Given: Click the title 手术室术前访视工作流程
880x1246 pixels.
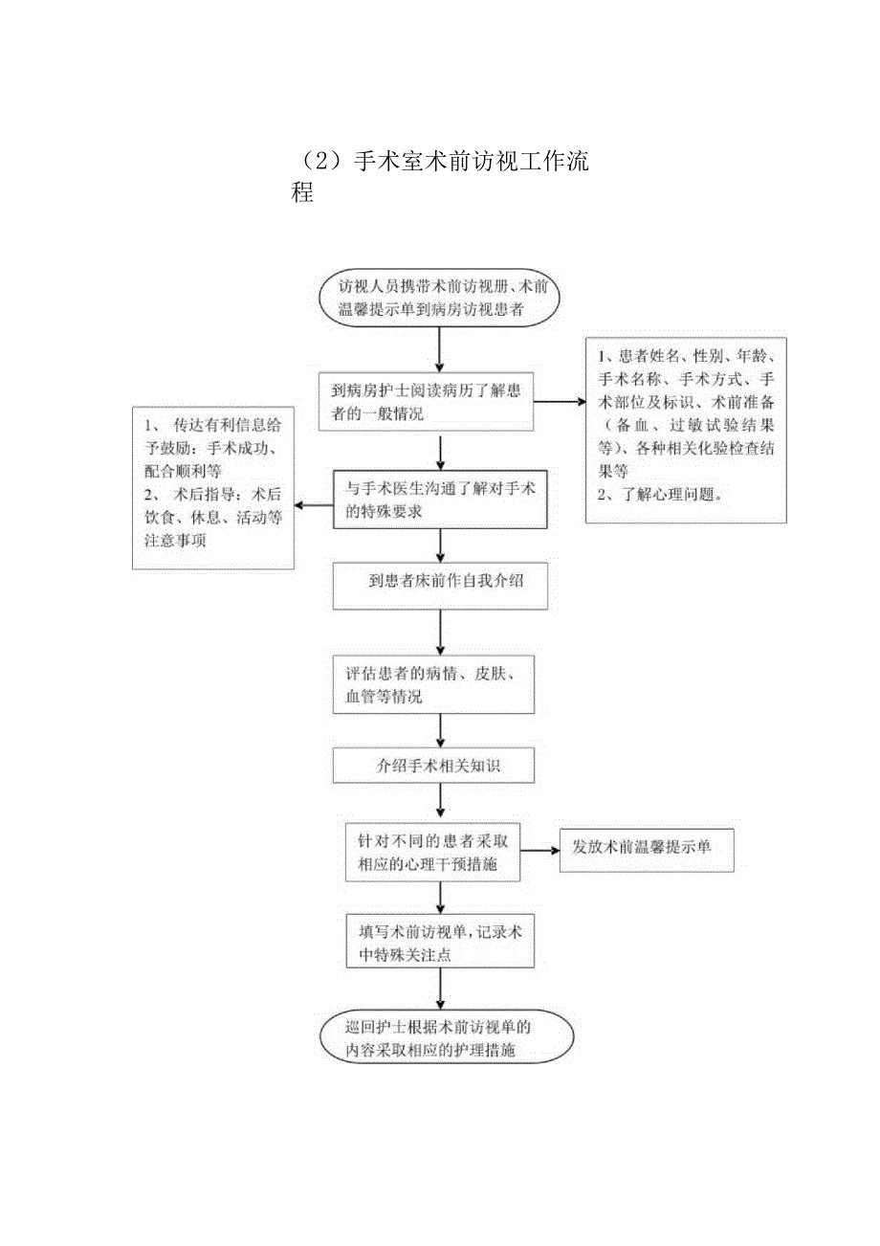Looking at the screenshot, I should click(439, 176).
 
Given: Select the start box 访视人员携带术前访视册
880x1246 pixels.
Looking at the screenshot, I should click(439, 299).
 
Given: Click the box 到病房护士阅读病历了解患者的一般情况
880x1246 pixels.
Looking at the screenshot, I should click(427, 402).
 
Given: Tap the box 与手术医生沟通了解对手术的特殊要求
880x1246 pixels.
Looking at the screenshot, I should click(440, 500).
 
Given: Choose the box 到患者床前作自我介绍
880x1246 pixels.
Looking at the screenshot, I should click(440, 586).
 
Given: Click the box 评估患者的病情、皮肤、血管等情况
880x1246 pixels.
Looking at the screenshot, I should click(432, 683).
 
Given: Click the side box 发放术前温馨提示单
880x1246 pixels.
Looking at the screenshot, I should click(647, 849).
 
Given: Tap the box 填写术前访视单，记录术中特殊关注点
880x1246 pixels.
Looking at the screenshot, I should click(439, 941).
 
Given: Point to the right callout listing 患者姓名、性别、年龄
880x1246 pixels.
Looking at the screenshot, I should click(686, 430).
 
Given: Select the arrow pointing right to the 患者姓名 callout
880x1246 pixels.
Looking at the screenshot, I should click(559, 403).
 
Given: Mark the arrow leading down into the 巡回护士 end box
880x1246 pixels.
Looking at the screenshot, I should click(440, 989).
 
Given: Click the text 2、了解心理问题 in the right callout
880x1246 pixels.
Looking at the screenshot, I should click(660, 496).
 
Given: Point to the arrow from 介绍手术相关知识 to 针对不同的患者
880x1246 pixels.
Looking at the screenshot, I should click(440, 801).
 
